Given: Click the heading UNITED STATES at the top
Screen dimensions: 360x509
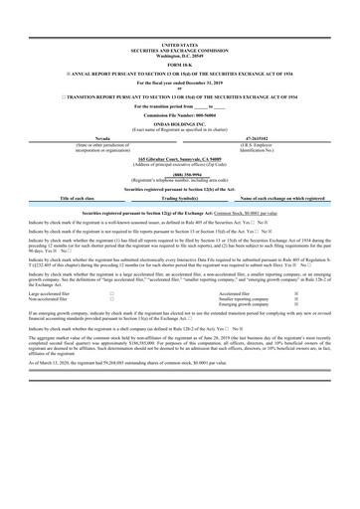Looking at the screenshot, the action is pyautogui.click(x=179, y=45).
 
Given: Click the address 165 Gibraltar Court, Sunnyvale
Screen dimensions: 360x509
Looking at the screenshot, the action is pyautogui.click(x=179, y=157).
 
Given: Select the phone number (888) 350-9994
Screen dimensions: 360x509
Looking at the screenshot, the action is pyautogui.click(x=179, y=172).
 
